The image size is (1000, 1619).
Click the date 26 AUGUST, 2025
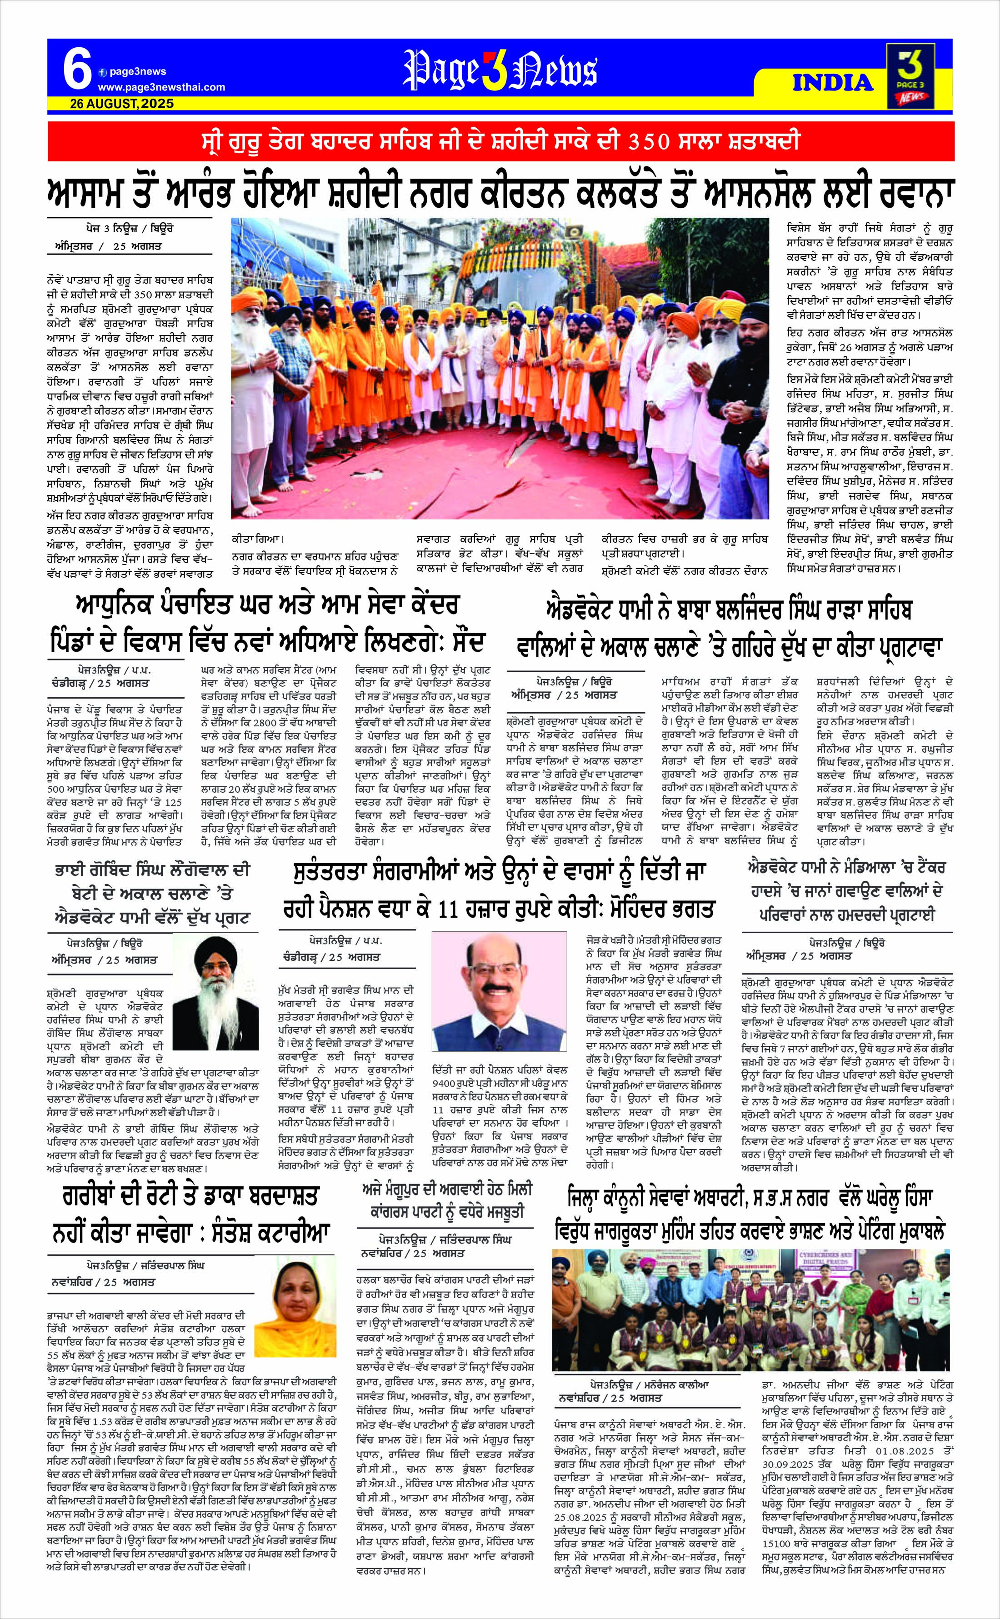122,103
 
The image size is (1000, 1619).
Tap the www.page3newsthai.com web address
161,87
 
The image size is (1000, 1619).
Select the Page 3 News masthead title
500,71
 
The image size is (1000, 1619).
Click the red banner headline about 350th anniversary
500,141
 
